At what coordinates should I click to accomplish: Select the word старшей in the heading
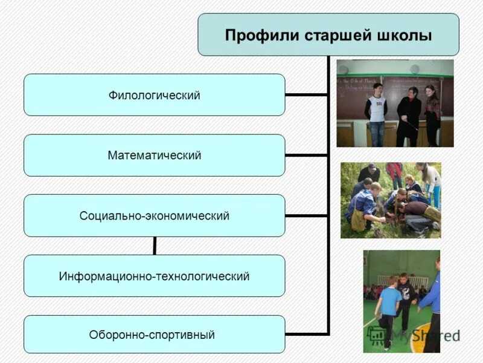(x=333, y=35)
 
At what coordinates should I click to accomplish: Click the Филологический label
(x=155, y=96)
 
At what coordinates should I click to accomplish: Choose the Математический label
(x=155, y=155)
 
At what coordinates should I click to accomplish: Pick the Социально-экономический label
(x=155, y=216)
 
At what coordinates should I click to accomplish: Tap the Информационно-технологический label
(x=155, y=276)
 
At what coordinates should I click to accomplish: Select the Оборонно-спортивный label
(x=152, y=335)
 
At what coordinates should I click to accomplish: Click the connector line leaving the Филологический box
(x=307, y=94)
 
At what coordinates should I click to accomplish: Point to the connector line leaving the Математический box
(x=307, y=155)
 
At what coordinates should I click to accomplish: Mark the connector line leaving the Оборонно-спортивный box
(x=307, y=334)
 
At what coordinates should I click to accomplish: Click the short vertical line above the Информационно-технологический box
(x=155, y=246)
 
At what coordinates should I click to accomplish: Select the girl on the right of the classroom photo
(x=432, y=115)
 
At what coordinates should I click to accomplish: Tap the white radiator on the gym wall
(x=401, y=280)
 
